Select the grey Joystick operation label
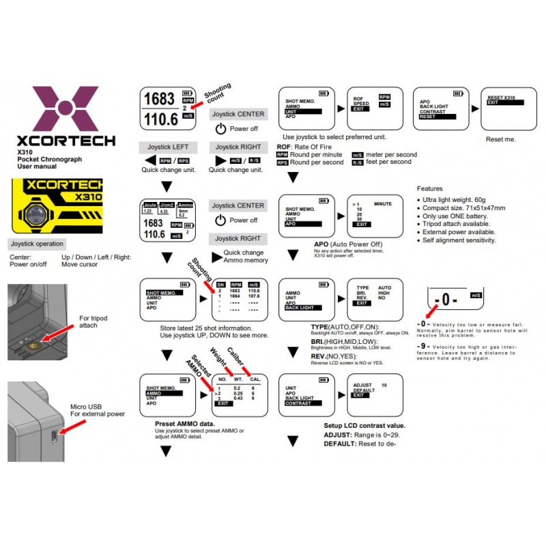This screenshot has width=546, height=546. [37, 244]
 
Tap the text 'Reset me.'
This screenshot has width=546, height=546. [500, 139]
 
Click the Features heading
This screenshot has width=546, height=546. [429, 188]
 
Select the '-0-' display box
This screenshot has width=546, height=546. [455, 299]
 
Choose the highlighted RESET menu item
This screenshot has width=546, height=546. [429, 116]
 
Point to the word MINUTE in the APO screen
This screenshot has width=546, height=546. [383, 203]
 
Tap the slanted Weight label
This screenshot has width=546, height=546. [218, 360]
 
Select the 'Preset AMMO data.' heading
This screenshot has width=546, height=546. [184, 424]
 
